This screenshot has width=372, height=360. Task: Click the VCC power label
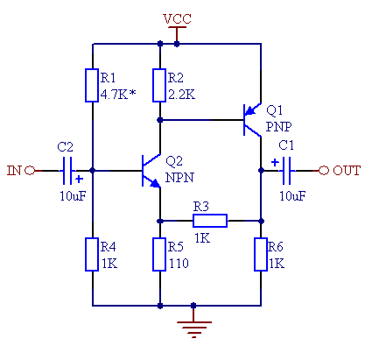(177, 19)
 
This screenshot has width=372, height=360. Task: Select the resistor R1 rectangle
(92, 85)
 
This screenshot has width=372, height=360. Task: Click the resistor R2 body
(159, 85)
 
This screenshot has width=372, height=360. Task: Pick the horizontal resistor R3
(210, 221)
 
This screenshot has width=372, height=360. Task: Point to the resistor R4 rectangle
(92, 254)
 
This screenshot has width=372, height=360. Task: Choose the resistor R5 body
(159, 254)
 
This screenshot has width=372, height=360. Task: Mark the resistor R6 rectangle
(261, 254)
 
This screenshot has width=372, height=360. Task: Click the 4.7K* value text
(118, 95)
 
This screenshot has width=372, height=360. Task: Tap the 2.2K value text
(181, 95)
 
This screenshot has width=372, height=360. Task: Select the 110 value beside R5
(179, 264)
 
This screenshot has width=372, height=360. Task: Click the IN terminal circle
(30, 170)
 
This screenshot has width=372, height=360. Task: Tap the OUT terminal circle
(324, 170)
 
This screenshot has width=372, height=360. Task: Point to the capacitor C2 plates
(67, 171)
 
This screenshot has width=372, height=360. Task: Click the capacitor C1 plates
(286, 171)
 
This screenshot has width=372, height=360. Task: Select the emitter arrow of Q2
(155, 183)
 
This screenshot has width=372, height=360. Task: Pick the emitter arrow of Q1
(249, 110)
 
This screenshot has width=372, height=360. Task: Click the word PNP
(278, 127)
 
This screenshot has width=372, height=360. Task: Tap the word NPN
(179, 178)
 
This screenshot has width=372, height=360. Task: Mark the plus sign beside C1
(275, 162)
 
